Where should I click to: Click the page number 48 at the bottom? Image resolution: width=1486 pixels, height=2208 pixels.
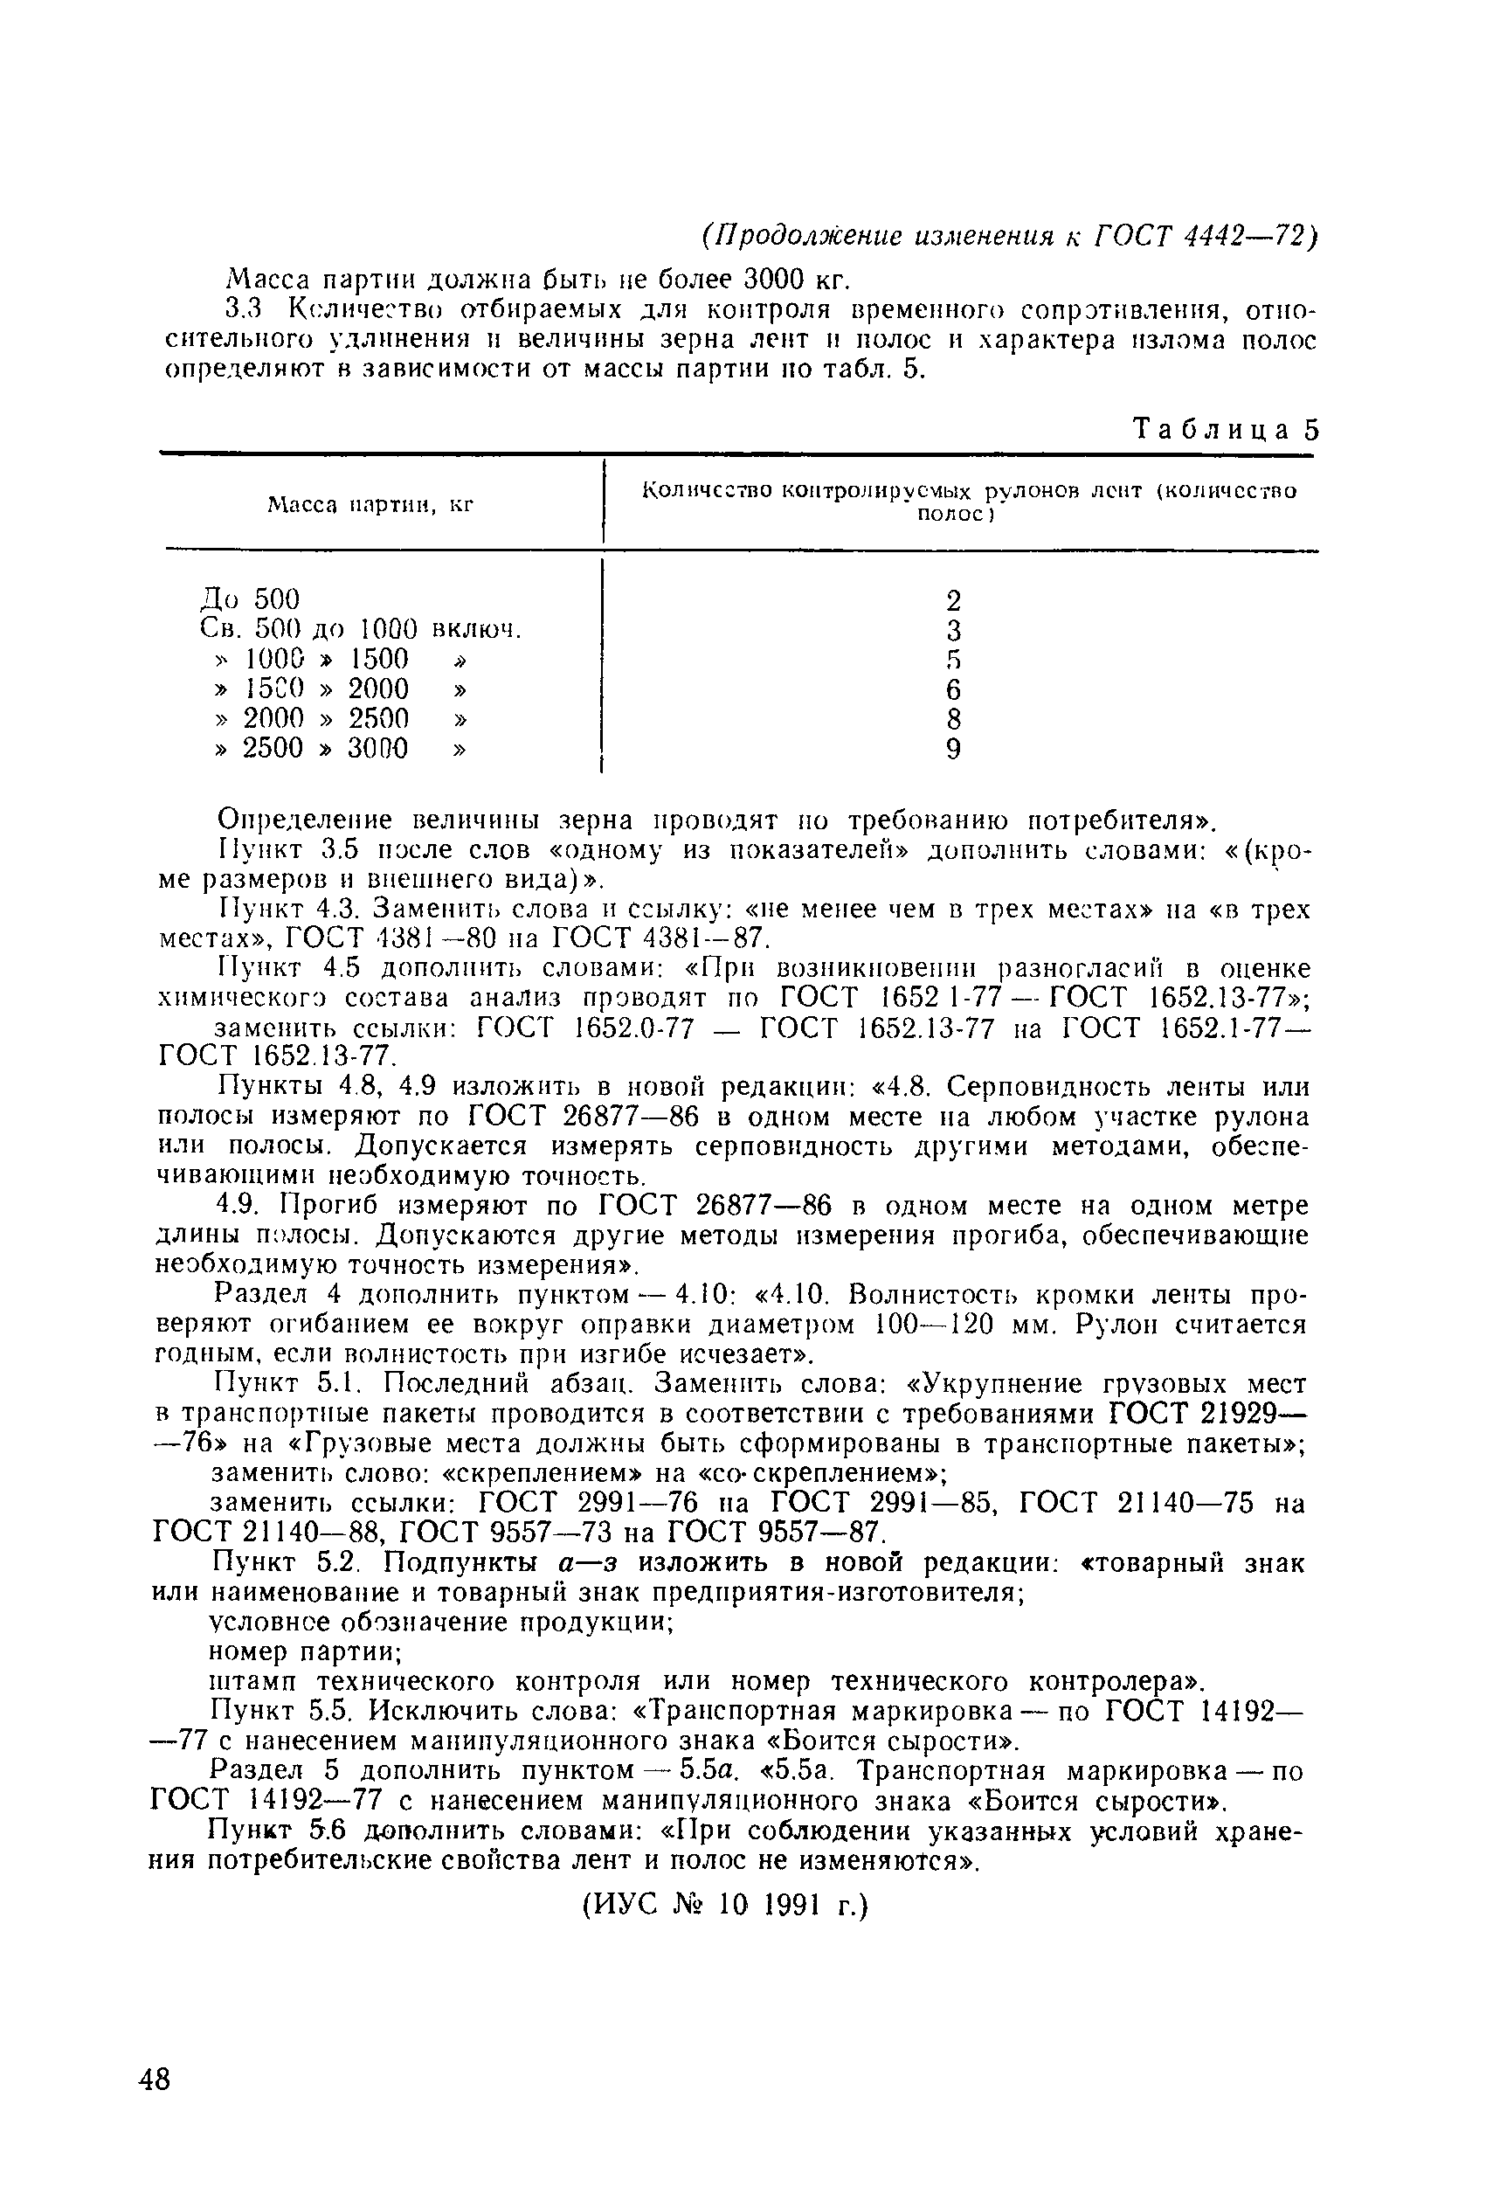(155, 2080)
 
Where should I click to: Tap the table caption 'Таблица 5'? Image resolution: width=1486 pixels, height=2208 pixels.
(1226, 430)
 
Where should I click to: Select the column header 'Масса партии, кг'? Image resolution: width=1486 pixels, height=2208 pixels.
(370, 505)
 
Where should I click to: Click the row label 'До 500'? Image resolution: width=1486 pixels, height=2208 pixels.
(250, 599)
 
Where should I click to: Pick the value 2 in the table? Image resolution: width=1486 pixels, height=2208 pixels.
(953, 601)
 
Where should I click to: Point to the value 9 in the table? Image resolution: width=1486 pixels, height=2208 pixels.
(953, 750)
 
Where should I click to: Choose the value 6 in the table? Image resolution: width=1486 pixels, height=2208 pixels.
(953, 689)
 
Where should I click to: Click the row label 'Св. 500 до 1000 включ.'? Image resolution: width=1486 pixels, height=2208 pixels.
(362, 629)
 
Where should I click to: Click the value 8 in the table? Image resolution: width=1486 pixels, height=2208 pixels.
(953, 719)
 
